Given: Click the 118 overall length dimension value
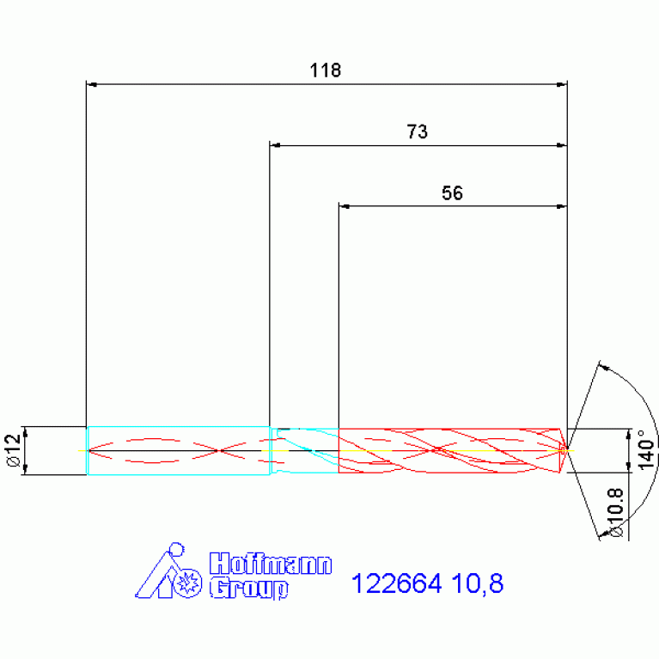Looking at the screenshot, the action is (326, 70).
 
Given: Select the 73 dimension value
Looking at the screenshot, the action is (417, 131).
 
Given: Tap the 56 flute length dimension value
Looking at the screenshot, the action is (452, 193).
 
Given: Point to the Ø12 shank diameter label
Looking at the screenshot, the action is (13, 450).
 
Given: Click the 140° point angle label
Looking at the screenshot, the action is (646, 449).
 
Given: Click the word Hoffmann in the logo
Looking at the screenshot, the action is (271, 564).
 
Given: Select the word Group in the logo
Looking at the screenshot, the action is (249, 588).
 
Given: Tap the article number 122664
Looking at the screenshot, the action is (396, 583).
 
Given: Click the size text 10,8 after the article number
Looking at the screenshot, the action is (478, 583).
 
